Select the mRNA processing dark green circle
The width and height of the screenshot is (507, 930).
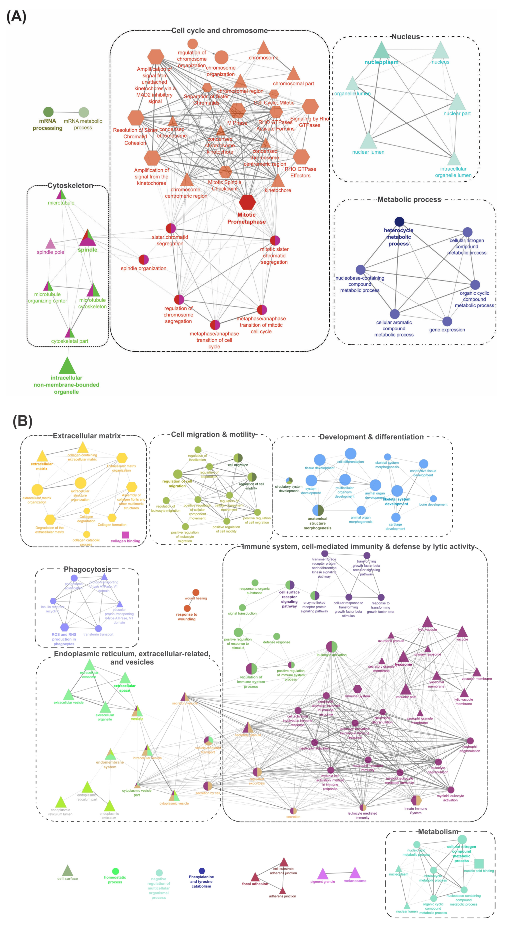pyautogui.click(x=48, y=112)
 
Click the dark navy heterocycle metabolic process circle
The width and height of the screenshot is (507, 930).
pyautogui.click(x=399, y=221)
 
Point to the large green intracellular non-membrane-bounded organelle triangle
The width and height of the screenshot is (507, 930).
pyautogui.click(x=67, y=366)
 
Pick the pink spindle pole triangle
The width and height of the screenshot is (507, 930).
pyautogui.click(x=50, y=244)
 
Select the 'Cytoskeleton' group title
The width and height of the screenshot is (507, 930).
pyautogui.click(x=70, y=186)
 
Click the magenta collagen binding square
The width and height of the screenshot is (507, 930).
pyautogui.click(x=125, y=535)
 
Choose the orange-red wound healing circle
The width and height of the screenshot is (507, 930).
pyautogui.click(x=196, y=592)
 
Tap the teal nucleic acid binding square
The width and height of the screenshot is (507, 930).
pyautogui.click(x=479, y=864)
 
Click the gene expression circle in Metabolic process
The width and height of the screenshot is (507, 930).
pyautogui.click(x=447, y=321)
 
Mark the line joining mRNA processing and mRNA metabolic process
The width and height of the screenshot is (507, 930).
pyautogui.click(x=66, y=112)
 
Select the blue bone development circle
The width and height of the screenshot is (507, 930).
pyautogui.click(x=433, y=498)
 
